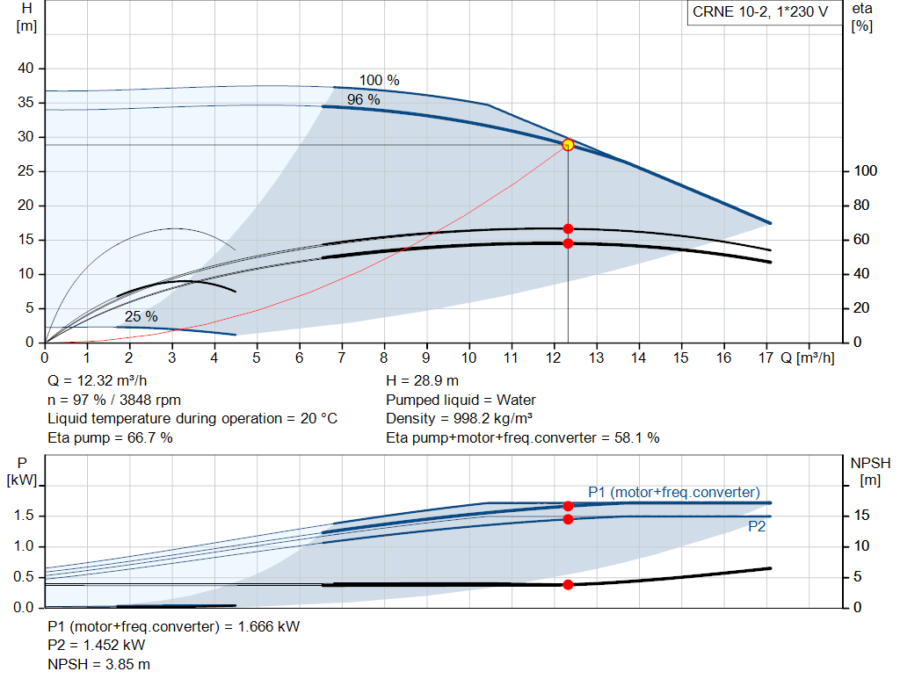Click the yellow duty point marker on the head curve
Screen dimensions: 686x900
pos(568,145)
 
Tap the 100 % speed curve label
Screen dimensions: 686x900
pos(379,81)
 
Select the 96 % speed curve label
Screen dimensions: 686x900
pos(363,100)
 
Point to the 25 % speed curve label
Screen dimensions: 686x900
pos(141,316)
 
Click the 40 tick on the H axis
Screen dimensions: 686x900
pos(25,69)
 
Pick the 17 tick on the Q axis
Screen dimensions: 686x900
pos(766,358)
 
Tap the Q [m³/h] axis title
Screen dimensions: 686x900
pos(808,358)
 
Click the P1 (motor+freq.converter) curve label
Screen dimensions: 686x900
pos(673,492)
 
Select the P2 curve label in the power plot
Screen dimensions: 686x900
pos(757,527)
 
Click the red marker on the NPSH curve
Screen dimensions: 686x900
pos(568,584)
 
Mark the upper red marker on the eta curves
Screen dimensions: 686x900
pos(568,228)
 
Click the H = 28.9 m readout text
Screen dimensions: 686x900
pos(422,380)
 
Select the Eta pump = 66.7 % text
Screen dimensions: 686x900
pos(110,437)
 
